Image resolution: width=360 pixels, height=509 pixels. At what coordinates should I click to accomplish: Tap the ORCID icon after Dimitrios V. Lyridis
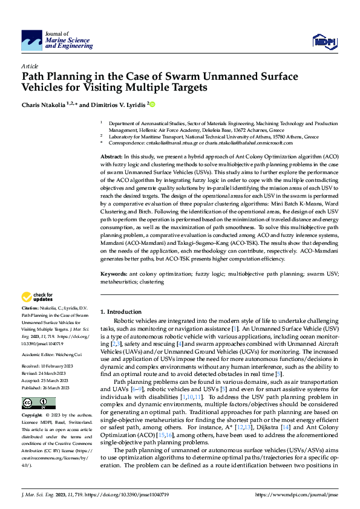tap(152, 105)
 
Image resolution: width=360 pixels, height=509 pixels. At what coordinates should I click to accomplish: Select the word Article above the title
tap(29, 66)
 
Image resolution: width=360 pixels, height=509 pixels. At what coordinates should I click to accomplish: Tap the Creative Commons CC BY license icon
tap(38, 403)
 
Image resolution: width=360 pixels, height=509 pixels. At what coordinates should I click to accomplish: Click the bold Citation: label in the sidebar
tap(31, 309)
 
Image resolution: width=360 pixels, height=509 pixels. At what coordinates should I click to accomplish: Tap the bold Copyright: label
tap(32, 416)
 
